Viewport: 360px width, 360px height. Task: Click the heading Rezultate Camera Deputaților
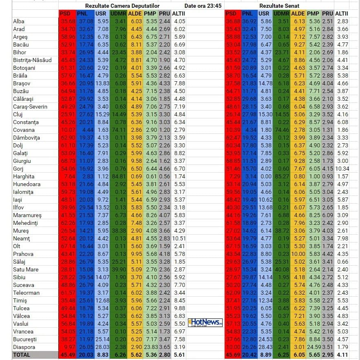coord(122,6)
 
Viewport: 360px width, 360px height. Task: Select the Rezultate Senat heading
coord(279,6)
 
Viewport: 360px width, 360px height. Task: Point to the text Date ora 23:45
coord(203,6)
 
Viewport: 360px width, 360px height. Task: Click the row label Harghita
coord(24,176)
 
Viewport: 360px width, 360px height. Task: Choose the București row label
coord(25,339)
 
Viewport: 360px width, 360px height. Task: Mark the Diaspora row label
coord(24,347)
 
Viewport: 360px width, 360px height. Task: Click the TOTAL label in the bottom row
coord(22,355)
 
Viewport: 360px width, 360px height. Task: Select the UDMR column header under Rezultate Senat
coord(281,13)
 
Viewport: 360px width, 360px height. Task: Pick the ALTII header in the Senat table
coord(342,13)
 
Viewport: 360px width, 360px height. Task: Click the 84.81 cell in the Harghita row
coord(118,176)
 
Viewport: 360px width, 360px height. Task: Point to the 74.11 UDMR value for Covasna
coord(118,130)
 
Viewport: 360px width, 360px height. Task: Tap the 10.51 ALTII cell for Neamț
coord(179,238)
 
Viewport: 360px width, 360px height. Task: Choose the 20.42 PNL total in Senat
coord(249,355)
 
